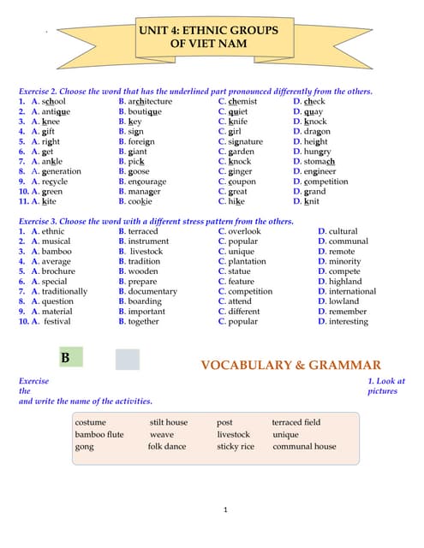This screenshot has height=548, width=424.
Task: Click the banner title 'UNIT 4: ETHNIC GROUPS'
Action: coord(208,30)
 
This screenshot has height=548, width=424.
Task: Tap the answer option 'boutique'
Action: coord(144,111)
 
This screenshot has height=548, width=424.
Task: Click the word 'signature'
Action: coord(245,141)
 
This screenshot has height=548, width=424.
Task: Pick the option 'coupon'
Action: coord(242,182)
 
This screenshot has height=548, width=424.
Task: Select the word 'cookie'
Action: coord(140,201)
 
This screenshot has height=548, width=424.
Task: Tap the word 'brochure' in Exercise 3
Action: coord(59,271)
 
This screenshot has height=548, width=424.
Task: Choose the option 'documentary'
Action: coord(152,291)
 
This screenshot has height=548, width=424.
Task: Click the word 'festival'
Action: coord(57,322)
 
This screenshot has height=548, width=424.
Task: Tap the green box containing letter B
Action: coord(66,358)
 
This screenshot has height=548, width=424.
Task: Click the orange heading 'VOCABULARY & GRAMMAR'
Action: coord(290,366)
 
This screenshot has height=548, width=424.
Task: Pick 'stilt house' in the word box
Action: coord(169,422)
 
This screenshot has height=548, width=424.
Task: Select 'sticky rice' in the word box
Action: coord(236,446)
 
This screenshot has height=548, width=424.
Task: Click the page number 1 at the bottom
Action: coord(224,511)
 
